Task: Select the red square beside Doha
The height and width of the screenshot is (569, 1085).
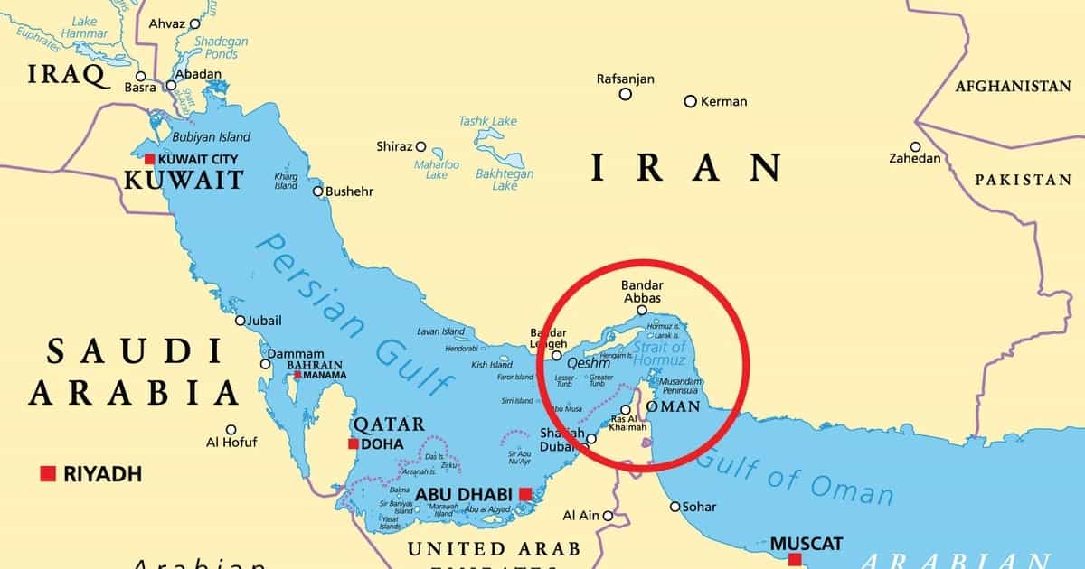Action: (x=353, y=443)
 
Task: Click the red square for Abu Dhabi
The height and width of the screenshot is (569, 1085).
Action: (x=525, y=494)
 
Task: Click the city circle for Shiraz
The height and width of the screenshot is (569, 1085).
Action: (x=420, y=146)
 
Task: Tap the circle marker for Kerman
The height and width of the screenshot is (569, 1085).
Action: (x=690, y=101)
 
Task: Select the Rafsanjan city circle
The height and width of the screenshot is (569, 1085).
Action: (x=625, y=94)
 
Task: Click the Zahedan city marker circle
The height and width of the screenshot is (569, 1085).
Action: (x=915, y=146)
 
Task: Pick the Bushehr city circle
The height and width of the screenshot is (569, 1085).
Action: (x=317, y=191)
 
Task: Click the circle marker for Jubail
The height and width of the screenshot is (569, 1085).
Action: (x=240, y=321)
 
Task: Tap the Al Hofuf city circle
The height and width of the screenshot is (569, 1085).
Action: (x=231, y=430)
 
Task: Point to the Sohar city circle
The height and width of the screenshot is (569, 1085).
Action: (x=675, y=507)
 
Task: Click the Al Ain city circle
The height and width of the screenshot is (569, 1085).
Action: (x=609, y=516)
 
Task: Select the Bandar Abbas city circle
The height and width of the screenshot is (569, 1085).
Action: (x=642, y=310)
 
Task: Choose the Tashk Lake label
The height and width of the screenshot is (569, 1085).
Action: (x=487, y=121)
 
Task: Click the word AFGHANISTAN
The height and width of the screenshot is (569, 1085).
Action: (x=1013, y=87)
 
